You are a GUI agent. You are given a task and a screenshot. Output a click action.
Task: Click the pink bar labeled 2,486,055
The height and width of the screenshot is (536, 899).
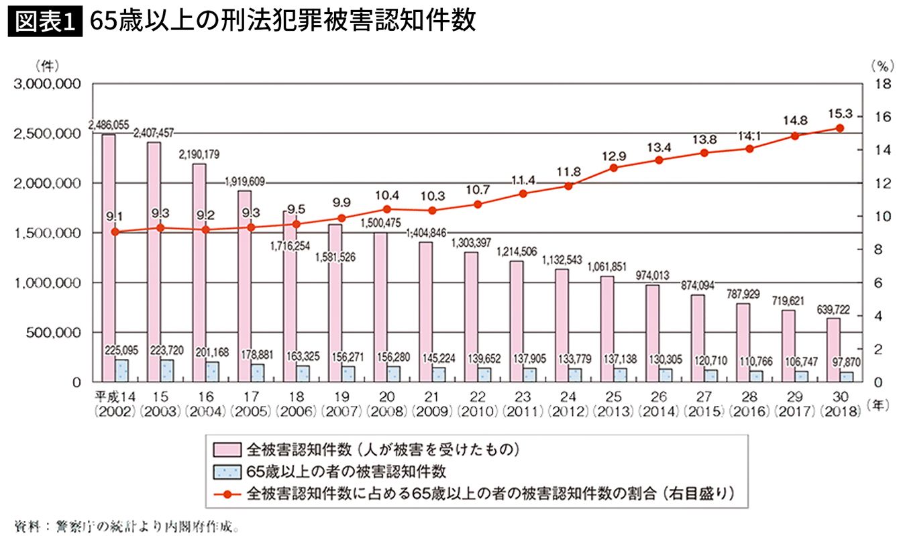coord(108,258)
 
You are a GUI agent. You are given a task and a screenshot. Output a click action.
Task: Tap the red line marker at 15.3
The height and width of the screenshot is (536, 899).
coord(839,128)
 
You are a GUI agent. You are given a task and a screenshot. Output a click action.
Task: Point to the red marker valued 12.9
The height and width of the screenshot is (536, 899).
coord(613,168)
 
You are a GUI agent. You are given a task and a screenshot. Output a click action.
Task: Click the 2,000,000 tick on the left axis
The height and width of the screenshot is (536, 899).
coord(46,183)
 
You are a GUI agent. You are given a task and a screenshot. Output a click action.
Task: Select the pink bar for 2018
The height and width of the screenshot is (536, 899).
coord(833,350)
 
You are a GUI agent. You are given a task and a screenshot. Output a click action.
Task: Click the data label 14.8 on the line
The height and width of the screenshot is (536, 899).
coord(794,121)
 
